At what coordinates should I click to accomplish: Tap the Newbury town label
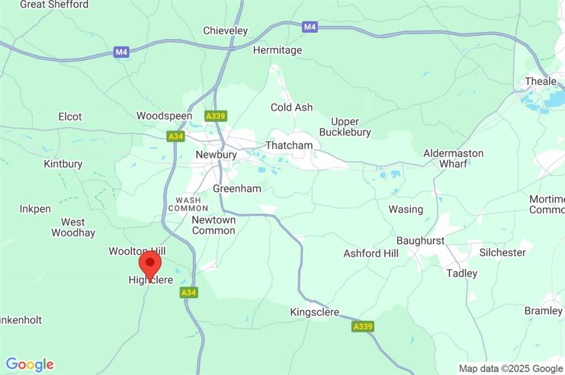(x=216, y=155)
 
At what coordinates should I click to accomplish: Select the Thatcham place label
(x=289, y=145)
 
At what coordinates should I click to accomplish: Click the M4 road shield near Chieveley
(x=310, y=26)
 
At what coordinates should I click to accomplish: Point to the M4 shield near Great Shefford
(x=121, y=52)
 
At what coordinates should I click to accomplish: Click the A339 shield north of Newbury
(x=216, y=116)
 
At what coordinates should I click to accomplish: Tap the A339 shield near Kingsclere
(x=363, y=326)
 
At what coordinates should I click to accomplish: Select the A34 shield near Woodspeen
(x=175, y=136)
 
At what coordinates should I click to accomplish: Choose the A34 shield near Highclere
(x=189, y=293)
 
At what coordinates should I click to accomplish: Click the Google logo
(x=30, y=365)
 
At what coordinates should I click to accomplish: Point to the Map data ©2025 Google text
(x=511, y=368)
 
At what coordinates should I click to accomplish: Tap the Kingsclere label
(x=315, y=313)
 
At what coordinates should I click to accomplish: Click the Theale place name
(x=541, y=81)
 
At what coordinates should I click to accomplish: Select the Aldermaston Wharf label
(x=454, y=158)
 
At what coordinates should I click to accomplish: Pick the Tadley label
(x=462, y=273)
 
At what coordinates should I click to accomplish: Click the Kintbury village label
(x=63, y=164)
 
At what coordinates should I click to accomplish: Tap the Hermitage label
(x=278, y=50)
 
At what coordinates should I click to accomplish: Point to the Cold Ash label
(x=291, y=108)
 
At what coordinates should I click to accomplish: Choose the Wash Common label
(x=188, y=204)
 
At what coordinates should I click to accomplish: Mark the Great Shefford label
(x=54, y=4)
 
